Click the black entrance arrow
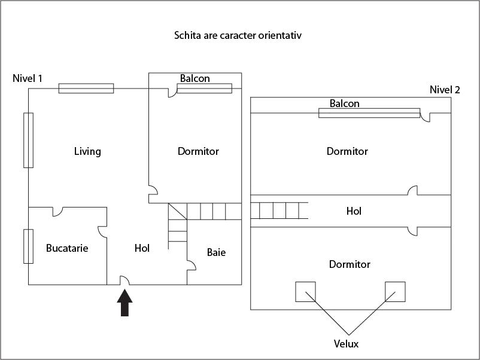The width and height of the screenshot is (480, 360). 124,303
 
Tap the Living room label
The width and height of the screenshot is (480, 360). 87,151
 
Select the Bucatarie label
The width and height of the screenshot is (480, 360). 67,248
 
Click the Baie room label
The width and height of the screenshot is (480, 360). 216,252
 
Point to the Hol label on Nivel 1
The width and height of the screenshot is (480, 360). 142,248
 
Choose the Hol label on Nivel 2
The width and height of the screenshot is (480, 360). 354,211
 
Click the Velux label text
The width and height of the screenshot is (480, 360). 347,344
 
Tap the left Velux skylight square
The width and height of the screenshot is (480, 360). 305,291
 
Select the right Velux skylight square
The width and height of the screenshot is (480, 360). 395,291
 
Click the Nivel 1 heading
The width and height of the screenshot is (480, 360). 28,78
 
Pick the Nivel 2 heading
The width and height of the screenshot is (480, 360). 445,90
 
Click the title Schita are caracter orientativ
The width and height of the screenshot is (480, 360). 238,35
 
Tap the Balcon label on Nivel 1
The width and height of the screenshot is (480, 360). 195,78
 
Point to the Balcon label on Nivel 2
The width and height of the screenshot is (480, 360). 345,103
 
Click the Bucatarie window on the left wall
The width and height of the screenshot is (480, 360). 28,246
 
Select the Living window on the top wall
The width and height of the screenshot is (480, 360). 86,89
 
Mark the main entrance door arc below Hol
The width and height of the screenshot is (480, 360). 126,280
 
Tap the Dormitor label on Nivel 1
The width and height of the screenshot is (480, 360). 198,151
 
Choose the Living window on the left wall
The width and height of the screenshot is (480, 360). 28,140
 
